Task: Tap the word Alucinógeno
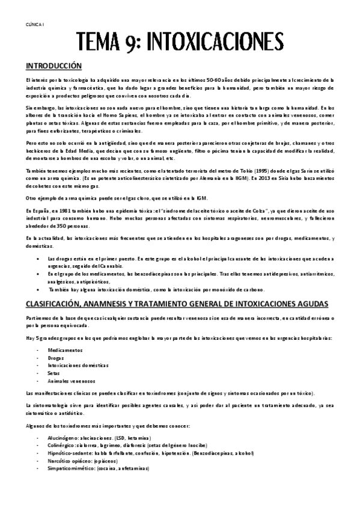(63, 438)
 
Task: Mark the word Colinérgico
(63, 446)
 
